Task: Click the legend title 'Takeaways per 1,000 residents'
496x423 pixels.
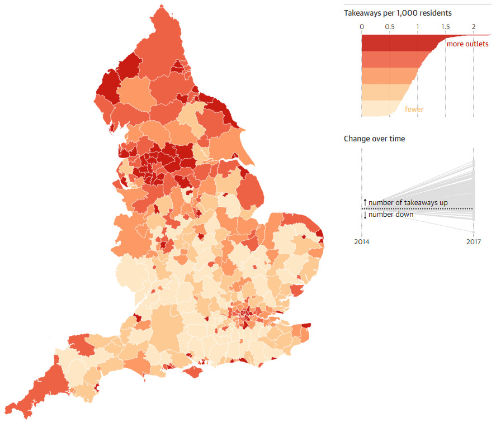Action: [398, 13]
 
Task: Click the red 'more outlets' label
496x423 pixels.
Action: [467, 44]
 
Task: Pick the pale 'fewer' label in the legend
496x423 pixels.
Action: [414, 110]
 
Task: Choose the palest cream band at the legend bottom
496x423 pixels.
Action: [380, 108]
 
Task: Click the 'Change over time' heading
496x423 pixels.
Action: [374, 139]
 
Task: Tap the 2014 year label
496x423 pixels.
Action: [362, 242]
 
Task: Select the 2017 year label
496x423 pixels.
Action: [473, 242]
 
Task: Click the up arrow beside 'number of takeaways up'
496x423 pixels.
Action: [365, 202]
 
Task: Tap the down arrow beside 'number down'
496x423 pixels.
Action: [365, 215]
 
